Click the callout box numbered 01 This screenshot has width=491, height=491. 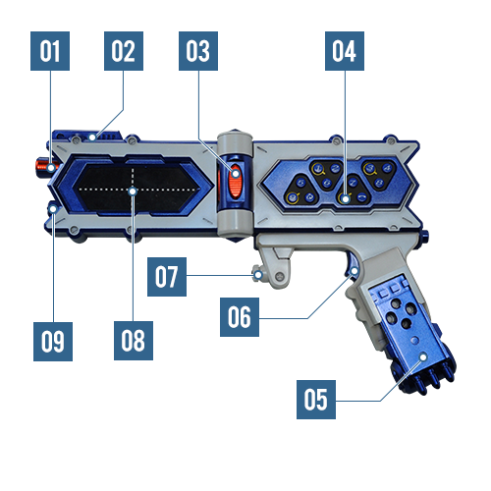point(50,51)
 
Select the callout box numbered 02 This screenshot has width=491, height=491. point(124,51)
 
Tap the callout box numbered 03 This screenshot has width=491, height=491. point(198,51)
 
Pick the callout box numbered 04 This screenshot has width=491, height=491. point(345,51)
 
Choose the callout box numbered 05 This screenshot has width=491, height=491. point(316,400)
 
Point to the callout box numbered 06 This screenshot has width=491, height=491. point(240,317)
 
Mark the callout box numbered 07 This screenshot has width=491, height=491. point(167,277)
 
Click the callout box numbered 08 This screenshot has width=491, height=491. point(134,341)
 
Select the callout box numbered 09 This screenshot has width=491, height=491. point(53,342)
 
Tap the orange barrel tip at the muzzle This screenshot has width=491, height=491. point(44,166)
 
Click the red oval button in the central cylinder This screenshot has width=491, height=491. point(235,181)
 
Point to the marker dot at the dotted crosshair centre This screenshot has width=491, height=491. point(133,191)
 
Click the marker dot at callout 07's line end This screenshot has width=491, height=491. point(258,275)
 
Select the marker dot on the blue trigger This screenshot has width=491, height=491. point(355,271)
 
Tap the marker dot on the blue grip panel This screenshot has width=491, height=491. point(423,356)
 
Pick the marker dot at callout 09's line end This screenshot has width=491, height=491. point(53,209)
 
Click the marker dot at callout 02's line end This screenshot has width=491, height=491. point(93,136)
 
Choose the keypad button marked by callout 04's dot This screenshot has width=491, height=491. point(345,198)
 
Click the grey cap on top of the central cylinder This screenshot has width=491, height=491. point(235,142)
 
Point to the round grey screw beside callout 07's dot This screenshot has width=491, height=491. point(279,277)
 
